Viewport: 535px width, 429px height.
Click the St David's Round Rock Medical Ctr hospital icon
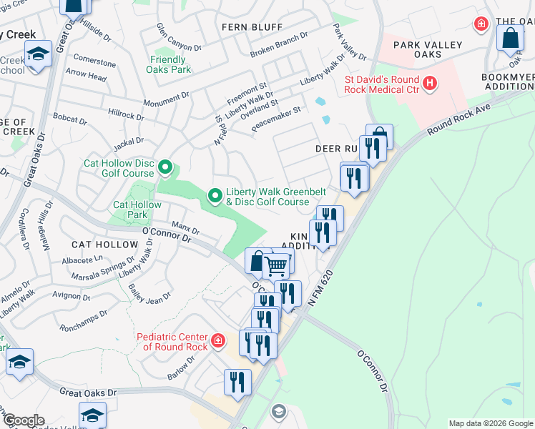(x=430, y=84)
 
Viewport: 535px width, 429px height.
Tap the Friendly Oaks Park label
(x=168, y=64)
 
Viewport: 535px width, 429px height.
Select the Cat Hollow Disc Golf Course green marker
(x=165, y=168)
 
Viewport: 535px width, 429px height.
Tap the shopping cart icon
(x=276, y=267)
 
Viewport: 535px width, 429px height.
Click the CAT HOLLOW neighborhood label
(x=104, y=245)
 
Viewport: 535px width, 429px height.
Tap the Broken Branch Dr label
(x=278, y=45)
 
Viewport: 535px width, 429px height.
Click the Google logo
(x=23, y=420)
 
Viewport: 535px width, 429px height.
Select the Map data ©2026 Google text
(x=491, y=423)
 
